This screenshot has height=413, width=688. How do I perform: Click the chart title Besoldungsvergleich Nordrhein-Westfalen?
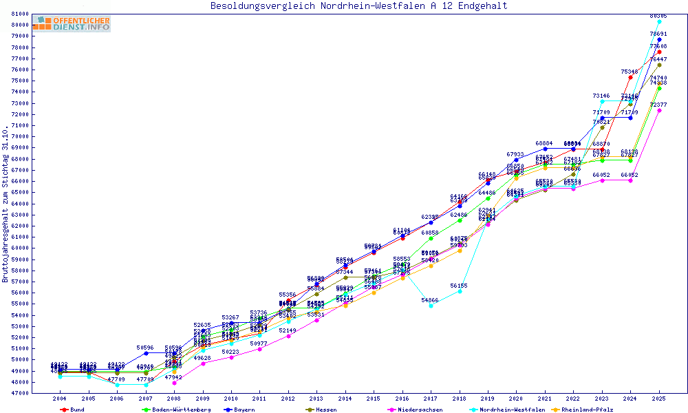point(359,6)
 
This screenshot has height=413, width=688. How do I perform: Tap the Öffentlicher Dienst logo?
point(71,23)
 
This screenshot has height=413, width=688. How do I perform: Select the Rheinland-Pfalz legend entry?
point(587,410)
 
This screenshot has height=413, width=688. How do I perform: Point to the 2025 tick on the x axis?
point(659,399)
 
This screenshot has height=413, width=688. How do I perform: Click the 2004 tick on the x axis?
point(60,399)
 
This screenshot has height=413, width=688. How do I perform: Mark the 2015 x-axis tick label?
point(374,399)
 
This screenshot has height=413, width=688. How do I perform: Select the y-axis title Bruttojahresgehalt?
point(6,204)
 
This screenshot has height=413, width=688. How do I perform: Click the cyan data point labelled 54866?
point(431,306)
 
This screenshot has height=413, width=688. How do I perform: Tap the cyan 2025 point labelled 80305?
point(659,21)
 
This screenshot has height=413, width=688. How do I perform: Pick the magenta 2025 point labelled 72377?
point(659,110)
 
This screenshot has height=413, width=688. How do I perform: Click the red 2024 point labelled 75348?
point(630,77)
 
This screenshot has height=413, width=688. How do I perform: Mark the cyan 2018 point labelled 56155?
point(460,291)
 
